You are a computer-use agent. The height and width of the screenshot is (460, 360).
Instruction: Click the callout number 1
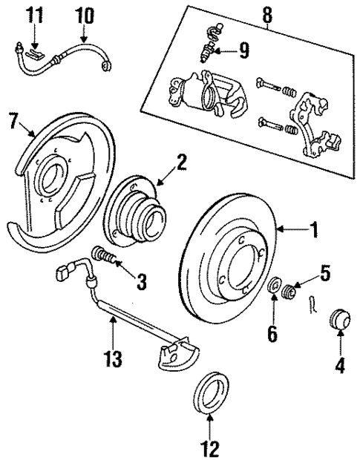pyautogui.click(x=314, y=231)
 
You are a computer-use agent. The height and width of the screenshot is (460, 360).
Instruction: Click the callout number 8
pyautogui.click(x=272, y=335)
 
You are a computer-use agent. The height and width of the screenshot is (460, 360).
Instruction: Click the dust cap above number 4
pyautogui.click(x=84, y=13)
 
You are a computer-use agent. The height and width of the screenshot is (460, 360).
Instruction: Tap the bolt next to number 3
pyautogui.click(x=106, y=257)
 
